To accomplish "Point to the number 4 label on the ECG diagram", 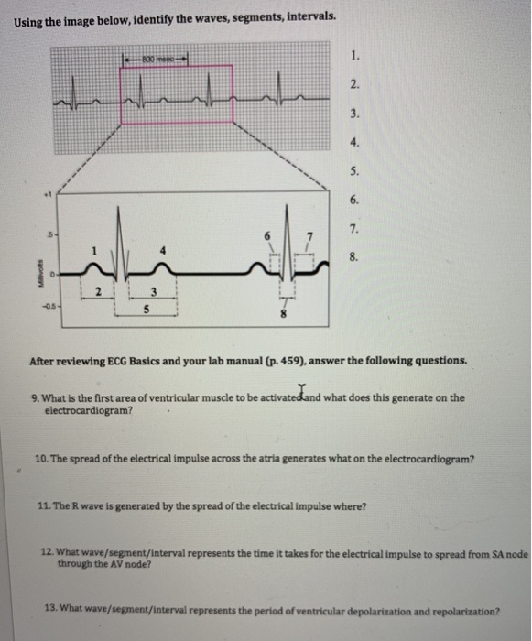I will click(x=164, y=251).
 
